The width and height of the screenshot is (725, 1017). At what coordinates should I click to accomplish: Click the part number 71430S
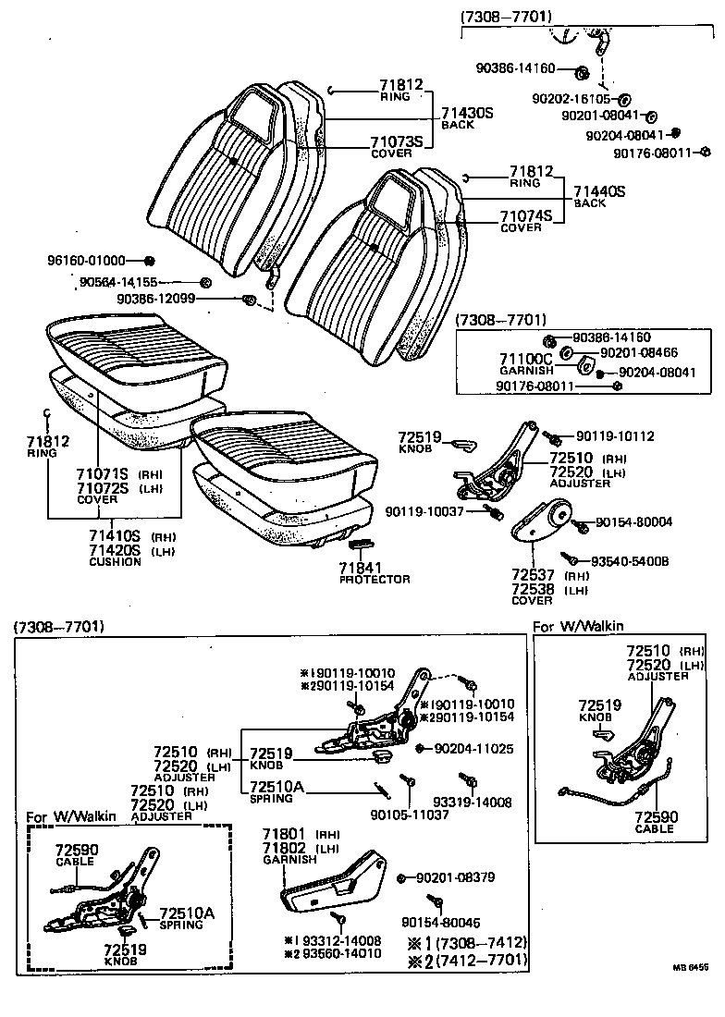click(x=468, y=112)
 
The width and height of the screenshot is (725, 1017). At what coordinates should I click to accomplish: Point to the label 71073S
click(x=396, y=141)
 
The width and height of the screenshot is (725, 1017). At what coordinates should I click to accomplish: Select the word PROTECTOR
click(x=374, y=579)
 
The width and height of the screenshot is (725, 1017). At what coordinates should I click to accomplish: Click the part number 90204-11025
click(x=473, y=747)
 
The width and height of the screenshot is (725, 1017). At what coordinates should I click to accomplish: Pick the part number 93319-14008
click(x=472, y=803)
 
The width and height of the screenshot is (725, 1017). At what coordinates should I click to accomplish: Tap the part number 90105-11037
click(x=407, y=815)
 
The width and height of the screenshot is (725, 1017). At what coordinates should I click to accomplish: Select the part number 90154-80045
click(x=441, y=921)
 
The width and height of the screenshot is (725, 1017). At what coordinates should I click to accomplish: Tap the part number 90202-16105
click(x=571, y=98)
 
